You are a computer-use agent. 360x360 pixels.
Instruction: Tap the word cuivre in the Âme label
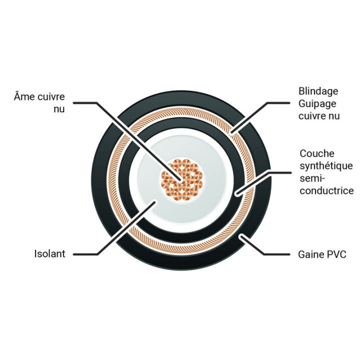pos(51,96)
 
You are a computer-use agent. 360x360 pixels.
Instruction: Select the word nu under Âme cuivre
pos(59,109)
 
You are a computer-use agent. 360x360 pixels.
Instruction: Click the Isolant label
pos(50,253)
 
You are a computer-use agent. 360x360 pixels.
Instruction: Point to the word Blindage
pos(318,91)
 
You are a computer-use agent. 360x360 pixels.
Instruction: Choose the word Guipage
pos(317,104)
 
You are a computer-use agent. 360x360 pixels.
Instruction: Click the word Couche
pos(317,153)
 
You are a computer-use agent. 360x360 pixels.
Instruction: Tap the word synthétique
pos(326,166)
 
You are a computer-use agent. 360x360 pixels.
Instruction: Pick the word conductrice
pos(326,190)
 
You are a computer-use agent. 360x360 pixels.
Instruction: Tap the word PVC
pos(336,254)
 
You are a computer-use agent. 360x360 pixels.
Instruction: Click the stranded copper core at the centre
pos(182,179)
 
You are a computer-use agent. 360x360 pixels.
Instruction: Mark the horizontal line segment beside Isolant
pos(85,254)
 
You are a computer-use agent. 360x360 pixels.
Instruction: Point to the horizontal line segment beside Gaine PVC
pos(277,254)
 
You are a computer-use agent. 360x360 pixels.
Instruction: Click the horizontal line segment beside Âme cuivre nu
pos(85,103)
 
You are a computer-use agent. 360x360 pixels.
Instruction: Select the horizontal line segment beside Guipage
pos(278,103)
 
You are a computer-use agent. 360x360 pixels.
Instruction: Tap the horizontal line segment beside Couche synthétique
pos(280,172)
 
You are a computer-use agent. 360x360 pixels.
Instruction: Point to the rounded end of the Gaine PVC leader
pos(241,235)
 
